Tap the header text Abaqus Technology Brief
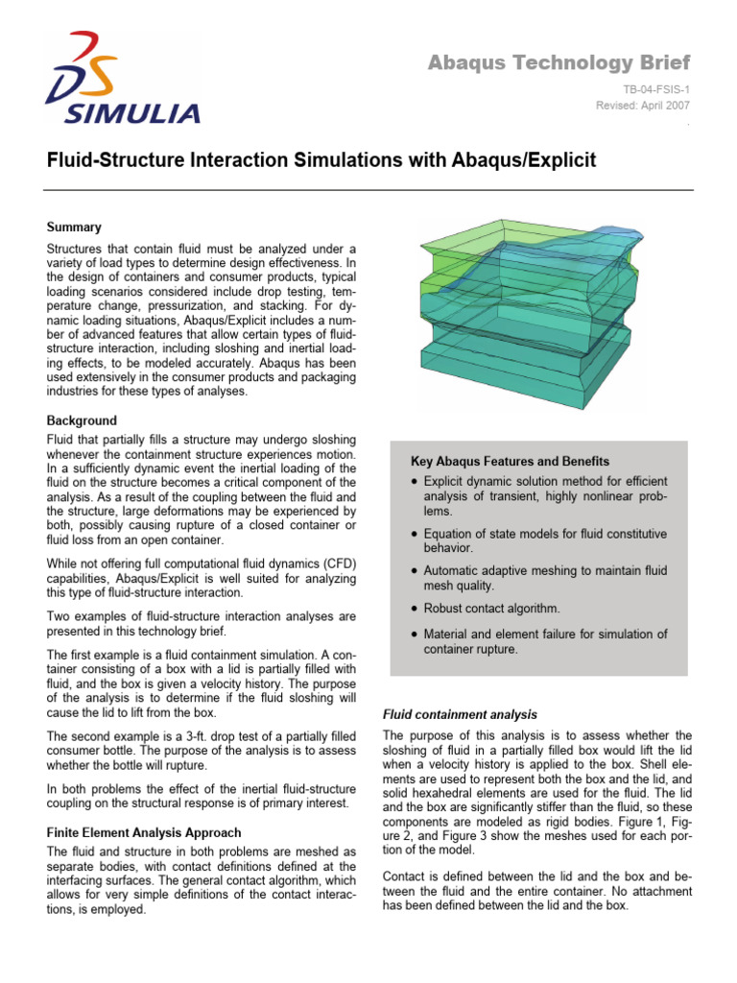point(559,63)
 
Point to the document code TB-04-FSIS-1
point(655,88)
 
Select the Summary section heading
point(74,228)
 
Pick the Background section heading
point(82,420)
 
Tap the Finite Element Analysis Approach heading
point(144,832)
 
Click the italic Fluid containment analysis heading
point(460,715)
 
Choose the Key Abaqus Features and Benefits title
point(510,462)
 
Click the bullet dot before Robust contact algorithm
point(413,609)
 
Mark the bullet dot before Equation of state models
point(413,534)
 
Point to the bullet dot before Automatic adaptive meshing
point(413,571)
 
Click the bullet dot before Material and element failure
point(413,635)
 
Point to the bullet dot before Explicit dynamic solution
point(413,481)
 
